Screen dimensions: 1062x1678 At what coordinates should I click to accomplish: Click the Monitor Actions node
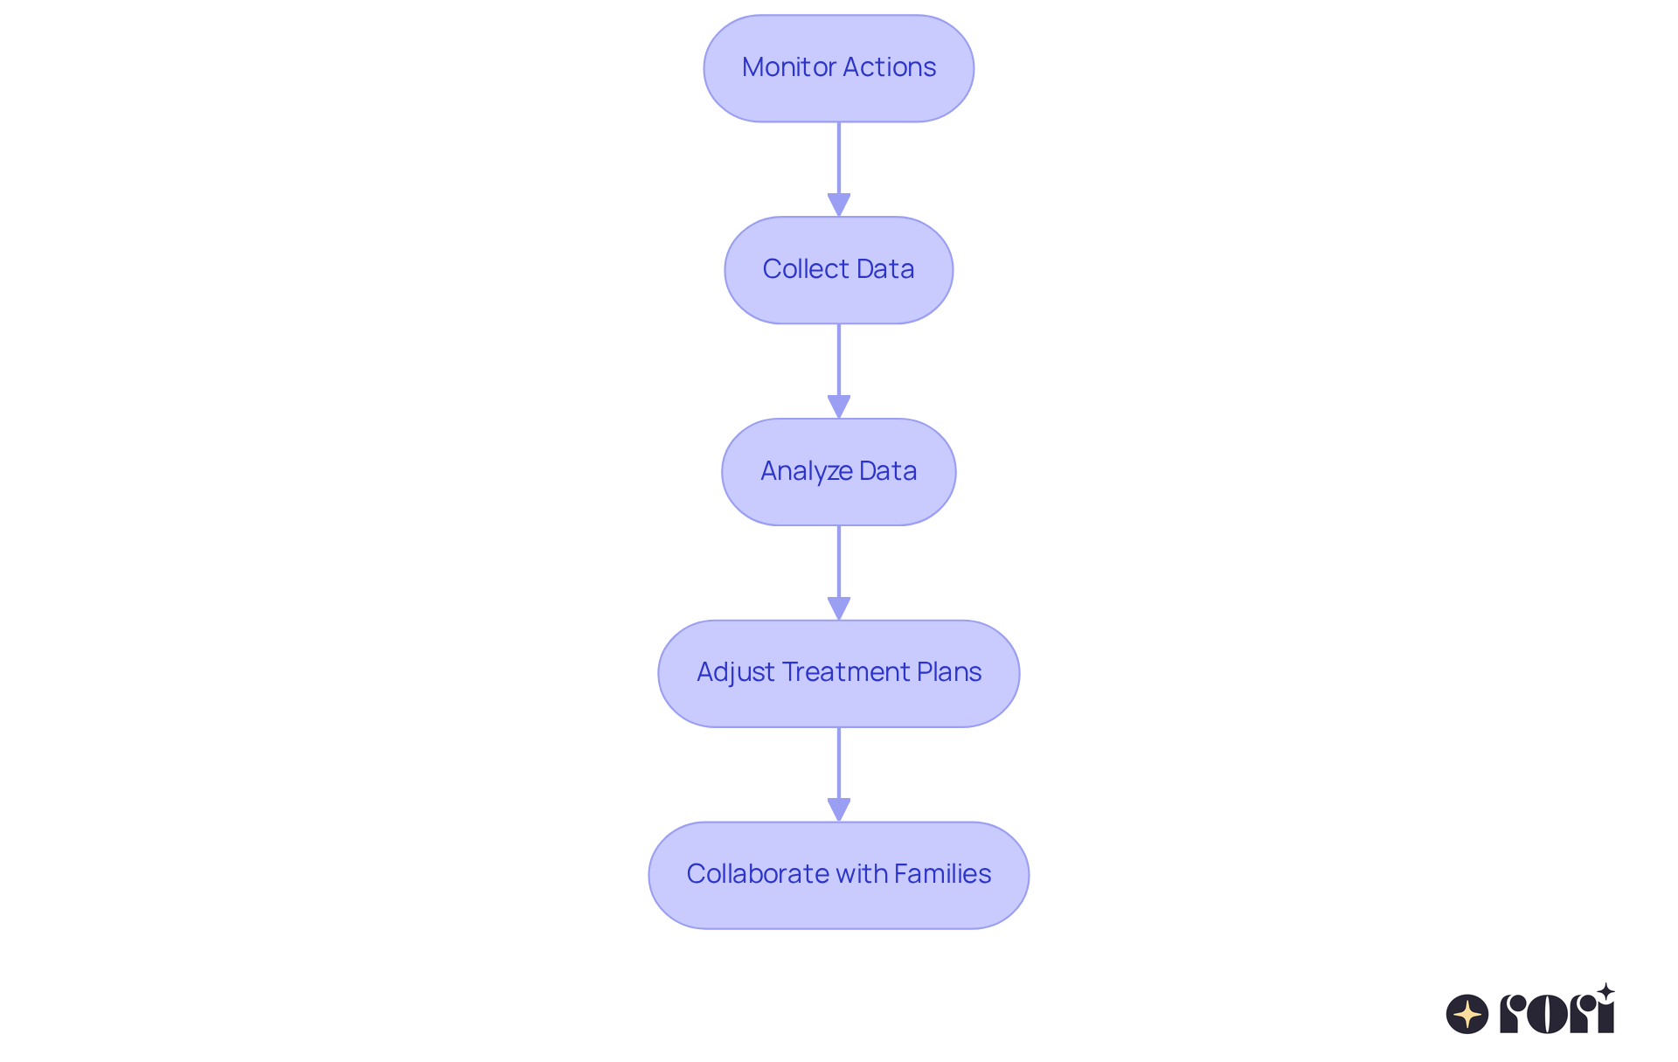point(838,68)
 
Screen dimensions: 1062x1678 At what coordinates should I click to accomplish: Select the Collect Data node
point(838,270)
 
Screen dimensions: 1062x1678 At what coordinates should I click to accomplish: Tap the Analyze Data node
point(838,472)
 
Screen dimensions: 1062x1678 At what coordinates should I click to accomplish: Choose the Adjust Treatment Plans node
point(838,673)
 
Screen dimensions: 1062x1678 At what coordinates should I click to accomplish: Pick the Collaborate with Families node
point(838,875)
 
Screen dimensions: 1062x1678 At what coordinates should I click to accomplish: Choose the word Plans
point(949,672)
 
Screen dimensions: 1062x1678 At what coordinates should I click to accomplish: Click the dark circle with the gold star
point(1467,1014)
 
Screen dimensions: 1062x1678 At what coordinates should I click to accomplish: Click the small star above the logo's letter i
point(1605,991)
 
